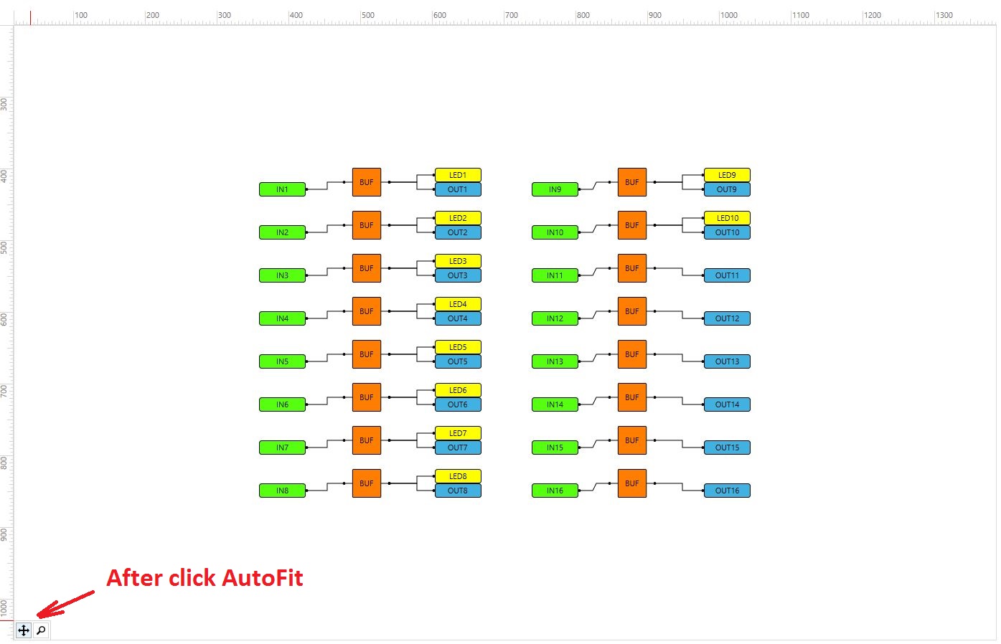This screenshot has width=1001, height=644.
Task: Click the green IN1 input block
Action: point(282,189)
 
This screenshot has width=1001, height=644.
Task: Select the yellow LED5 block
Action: point(458,347)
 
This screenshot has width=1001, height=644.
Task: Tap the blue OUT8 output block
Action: point(458,491)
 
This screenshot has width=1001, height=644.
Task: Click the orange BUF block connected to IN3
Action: point(367,268)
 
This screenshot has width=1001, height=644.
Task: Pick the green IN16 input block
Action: point(555,491)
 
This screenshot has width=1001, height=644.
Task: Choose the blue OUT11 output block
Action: point(727,275)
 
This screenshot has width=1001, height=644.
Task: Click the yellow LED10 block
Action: point(727,218)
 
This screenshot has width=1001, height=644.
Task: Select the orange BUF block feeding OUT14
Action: point(632,397)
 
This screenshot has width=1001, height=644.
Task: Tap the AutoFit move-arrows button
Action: point(24,630)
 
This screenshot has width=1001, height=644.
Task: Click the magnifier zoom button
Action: point(41,630)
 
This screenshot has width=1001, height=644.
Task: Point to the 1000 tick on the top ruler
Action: point(728,15)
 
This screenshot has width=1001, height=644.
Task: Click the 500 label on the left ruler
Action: point(4,247)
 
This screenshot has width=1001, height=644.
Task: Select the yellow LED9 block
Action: point(727,175)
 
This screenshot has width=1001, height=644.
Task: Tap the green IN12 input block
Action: point(555,318)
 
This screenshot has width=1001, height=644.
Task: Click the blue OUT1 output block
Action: point(458,189)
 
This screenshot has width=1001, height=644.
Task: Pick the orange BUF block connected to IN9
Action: point(632,182)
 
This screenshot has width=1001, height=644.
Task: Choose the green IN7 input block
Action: point(282,448)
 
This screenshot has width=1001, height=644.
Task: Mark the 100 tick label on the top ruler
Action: point(81,15)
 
